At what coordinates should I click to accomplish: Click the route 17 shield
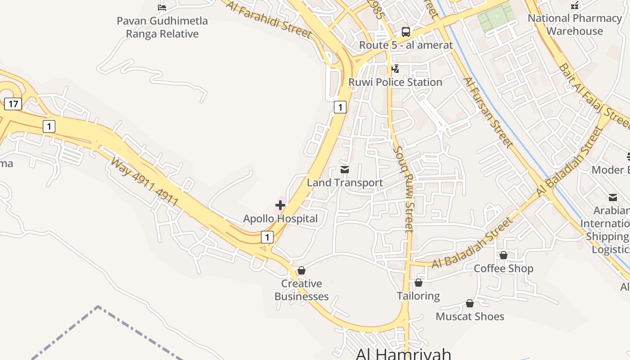[13, 104]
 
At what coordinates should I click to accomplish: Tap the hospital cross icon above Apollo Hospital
[280, 206]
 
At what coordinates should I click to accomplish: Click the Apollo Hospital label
[280, 219]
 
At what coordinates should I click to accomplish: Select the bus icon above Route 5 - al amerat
[406, 32]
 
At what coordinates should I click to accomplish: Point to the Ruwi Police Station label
[395, 82]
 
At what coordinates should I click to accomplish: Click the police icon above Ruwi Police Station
[395, 69]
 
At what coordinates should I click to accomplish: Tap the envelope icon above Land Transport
[345, 170]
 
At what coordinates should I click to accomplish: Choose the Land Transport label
[345, 182]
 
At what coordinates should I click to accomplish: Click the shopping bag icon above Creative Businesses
[301, 270]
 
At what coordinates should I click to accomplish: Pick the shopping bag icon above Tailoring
[418, 283]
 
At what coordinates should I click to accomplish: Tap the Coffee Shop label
[503, 268]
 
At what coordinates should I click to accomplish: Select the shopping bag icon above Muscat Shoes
[470, 304]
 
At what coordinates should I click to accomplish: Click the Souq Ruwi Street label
[403, 189]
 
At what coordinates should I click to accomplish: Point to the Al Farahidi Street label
[269, 19]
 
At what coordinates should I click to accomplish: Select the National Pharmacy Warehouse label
[575, 25]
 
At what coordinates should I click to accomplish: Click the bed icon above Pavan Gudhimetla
[162, 7]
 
